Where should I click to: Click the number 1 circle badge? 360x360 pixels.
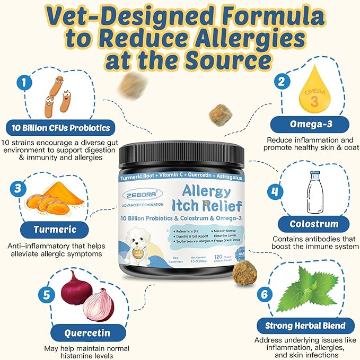click(x=22, y=82)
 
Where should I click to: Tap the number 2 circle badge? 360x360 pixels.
click(x=284, y=82)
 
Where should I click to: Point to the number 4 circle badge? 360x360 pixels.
click(x=275, y=191)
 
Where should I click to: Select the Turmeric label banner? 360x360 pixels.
click(x=55, y=230)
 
